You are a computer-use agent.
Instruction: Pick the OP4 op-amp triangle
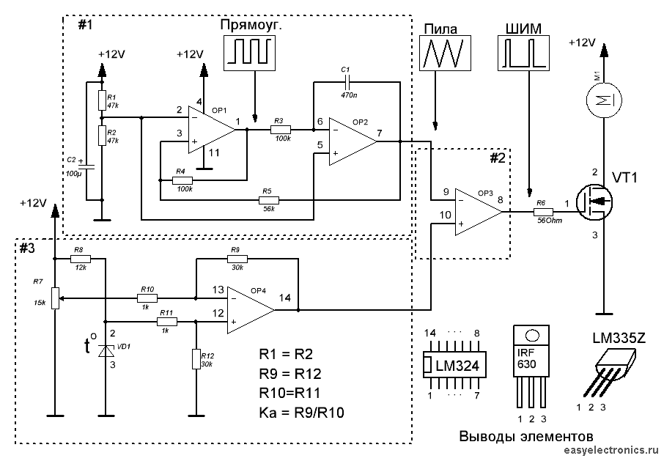click(x=249, y=310)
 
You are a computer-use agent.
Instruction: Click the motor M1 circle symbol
click(x=602, y=98)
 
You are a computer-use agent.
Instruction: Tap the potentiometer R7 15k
click(x=55, y=298)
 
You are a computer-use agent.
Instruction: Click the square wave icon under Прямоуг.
click(x=248, y=53)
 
